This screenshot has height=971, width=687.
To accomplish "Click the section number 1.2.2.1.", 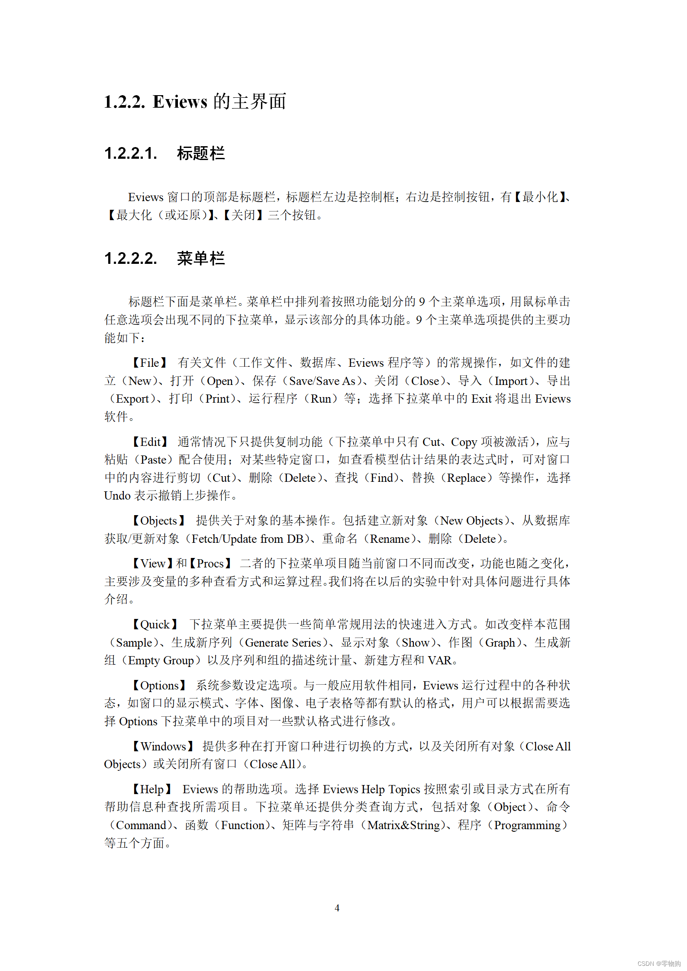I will point(130,154).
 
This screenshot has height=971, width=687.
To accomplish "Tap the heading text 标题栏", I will point(201,154).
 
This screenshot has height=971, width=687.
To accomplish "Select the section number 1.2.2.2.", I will point(130,259).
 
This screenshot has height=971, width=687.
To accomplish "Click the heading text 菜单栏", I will point(201,259).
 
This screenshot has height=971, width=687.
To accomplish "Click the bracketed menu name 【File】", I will point(149,363).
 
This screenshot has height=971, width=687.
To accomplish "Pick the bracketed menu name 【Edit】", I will point(150,442).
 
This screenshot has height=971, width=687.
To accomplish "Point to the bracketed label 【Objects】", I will point(158,521).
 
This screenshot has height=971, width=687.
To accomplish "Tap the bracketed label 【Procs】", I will point(210,564).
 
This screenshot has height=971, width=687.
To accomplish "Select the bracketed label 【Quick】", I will point(155,625).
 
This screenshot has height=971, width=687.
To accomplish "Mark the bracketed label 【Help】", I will point(152,789).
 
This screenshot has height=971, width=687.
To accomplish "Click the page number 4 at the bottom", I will point(337,908).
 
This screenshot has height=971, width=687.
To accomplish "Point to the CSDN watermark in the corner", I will point(658,964).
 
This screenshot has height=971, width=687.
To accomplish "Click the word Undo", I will point(117,496).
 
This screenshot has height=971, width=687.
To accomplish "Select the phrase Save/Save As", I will point(322,381).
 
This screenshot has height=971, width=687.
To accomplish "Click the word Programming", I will point(527,825).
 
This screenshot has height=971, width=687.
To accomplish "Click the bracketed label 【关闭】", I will point(243,215).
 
